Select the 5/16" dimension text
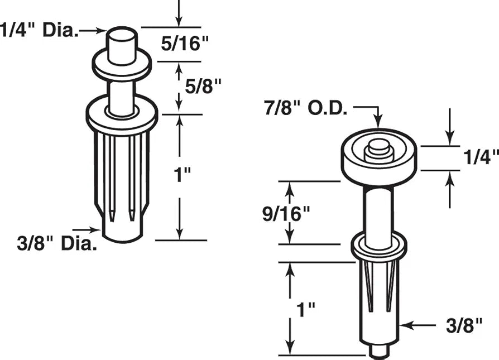[180, 45]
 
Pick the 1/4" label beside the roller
[480, 158]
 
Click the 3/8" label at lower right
[465, 325]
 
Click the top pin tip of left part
[121, 41]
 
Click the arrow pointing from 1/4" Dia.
[92, 32]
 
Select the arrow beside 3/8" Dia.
[87, 229]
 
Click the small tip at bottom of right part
[378, 350]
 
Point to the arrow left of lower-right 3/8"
[419, 324]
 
